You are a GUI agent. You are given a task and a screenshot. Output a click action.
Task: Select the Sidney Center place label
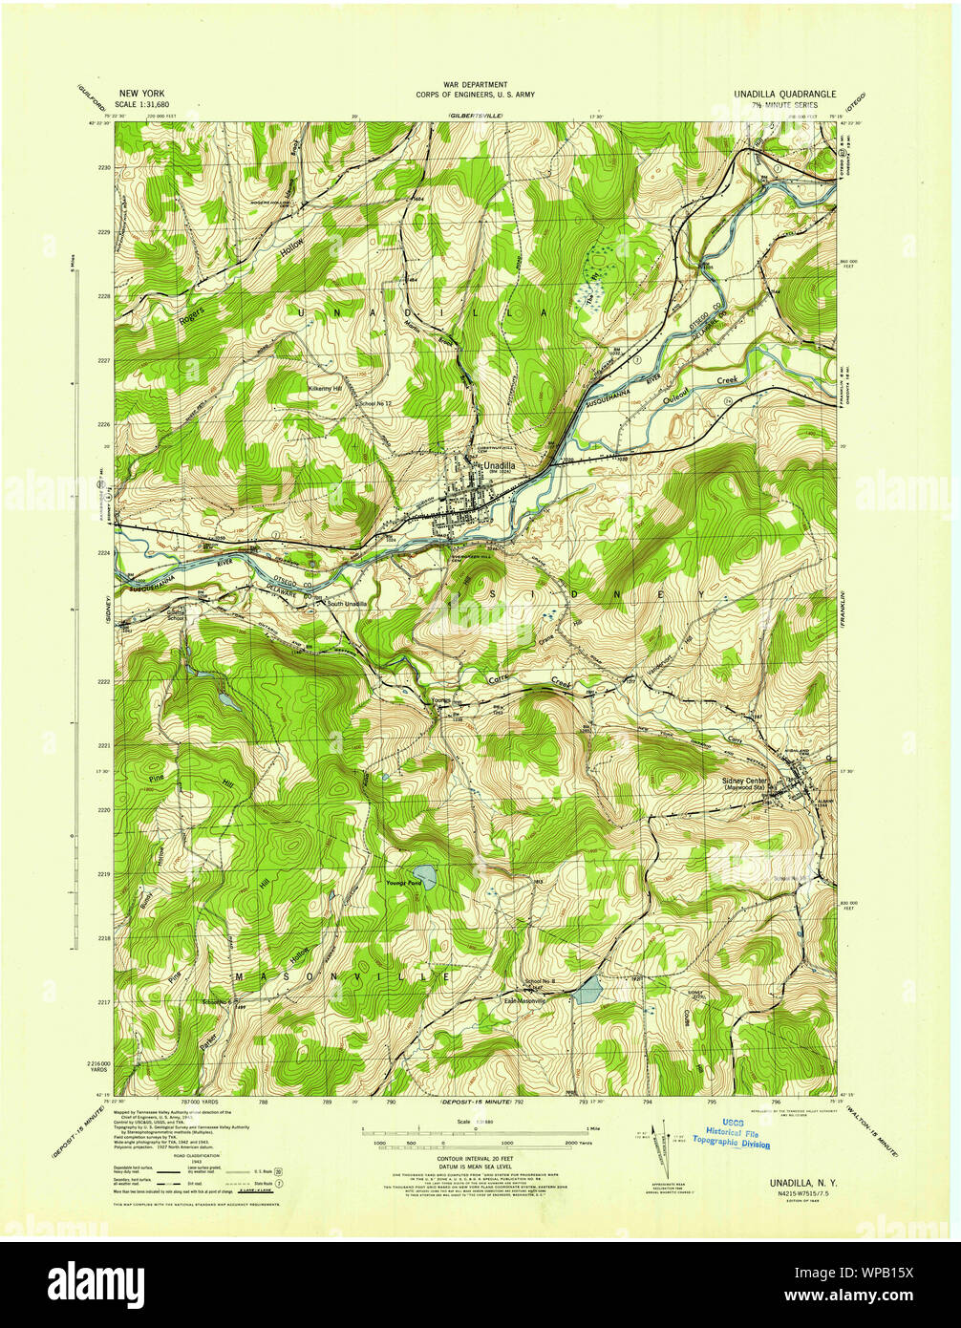coord(744,781)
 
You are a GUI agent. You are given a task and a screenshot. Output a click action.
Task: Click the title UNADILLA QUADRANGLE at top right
coord(784,94)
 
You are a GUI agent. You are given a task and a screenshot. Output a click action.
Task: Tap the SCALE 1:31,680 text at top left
coord(140,105)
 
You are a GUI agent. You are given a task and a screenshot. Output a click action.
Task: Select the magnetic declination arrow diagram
coord(657,1146)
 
